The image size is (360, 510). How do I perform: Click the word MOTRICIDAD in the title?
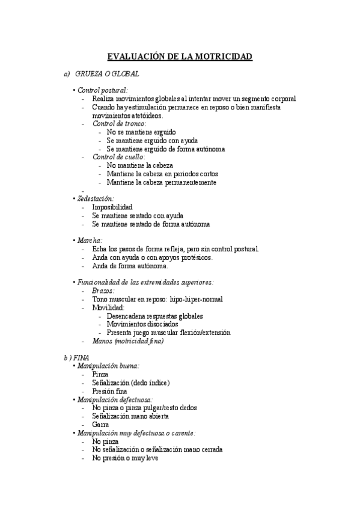221,57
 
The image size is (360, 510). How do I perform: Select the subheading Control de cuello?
118,157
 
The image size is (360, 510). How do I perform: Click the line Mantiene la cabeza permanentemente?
161,182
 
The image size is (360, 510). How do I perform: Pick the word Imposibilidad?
112,207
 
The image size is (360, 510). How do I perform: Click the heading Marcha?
90,240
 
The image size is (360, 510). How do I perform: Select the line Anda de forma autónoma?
130,266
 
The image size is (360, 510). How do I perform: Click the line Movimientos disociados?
142,324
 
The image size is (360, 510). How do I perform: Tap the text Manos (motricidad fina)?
128,341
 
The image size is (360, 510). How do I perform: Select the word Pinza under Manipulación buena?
100,374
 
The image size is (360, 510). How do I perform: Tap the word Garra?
100,424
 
